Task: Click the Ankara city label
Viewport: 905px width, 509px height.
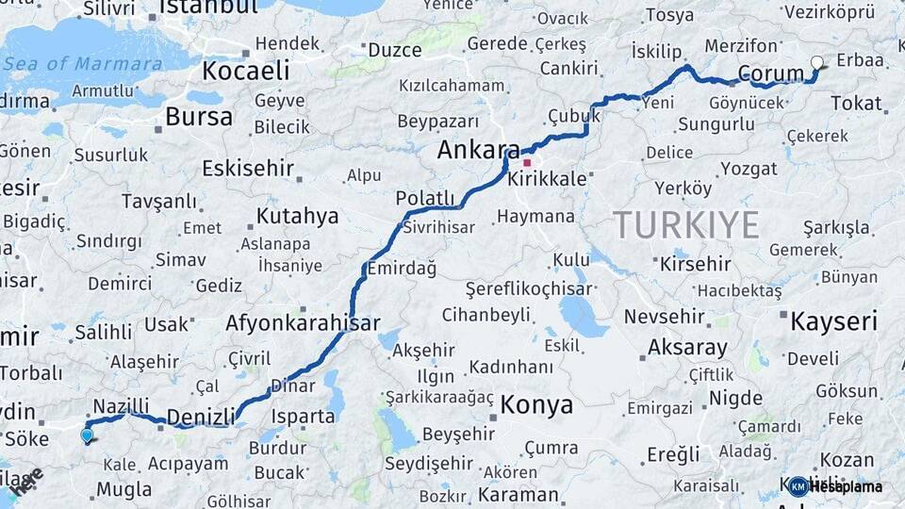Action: [478, 151]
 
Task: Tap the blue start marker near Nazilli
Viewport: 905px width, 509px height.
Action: [88, 435]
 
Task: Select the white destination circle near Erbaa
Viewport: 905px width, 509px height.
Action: [816, 63]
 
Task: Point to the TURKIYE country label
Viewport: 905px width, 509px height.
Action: [685, 225]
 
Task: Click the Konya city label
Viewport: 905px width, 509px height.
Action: [535, 405]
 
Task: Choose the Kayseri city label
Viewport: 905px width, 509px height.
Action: [833, 321]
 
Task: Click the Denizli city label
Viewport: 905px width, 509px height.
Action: [201, 416]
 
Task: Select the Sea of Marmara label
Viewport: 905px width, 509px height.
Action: [82, 63]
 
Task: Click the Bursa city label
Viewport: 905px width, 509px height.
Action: [198, 117]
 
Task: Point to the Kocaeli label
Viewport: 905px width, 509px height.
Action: [245, 71]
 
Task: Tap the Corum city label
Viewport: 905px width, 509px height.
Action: [770, 74]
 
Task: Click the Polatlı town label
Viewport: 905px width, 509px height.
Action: [425, 197]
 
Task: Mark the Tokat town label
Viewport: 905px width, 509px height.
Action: [856, 103]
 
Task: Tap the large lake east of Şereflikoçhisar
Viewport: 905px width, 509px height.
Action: [583, 316]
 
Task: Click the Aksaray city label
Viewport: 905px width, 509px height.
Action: [687, 347]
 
